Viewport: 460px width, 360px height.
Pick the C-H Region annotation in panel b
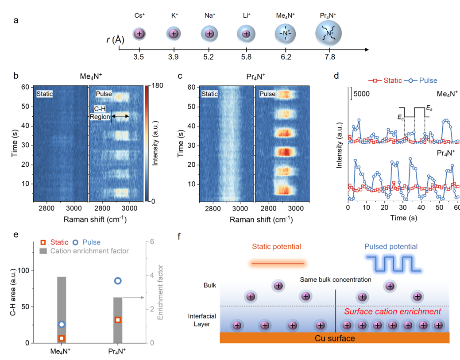[x=100, y=113]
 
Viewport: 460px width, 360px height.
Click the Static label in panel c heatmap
[x=209, y=94]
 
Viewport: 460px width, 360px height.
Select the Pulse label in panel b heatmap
[x=104, y=94]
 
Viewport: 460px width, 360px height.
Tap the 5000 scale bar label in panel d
[x=361, y=94]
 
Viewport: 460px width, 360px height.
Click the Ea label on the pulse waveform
[x=429, y=107]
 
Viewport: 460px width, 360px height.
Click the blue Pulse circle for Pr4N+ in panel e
[x=118, y=281]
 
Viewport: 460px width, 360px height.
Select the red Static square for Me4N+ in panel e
[x=62, y=338]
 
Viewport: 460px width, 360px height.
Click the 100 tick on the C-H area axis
[x=28, y=270]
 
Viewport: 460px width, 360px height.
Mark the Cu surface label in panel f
[x=335, y=338]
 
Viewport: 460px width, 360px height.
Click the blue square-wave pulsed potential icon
[x=389, y=264]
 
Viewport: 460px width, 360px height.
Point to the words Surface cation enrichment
[x=392, y=311]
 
